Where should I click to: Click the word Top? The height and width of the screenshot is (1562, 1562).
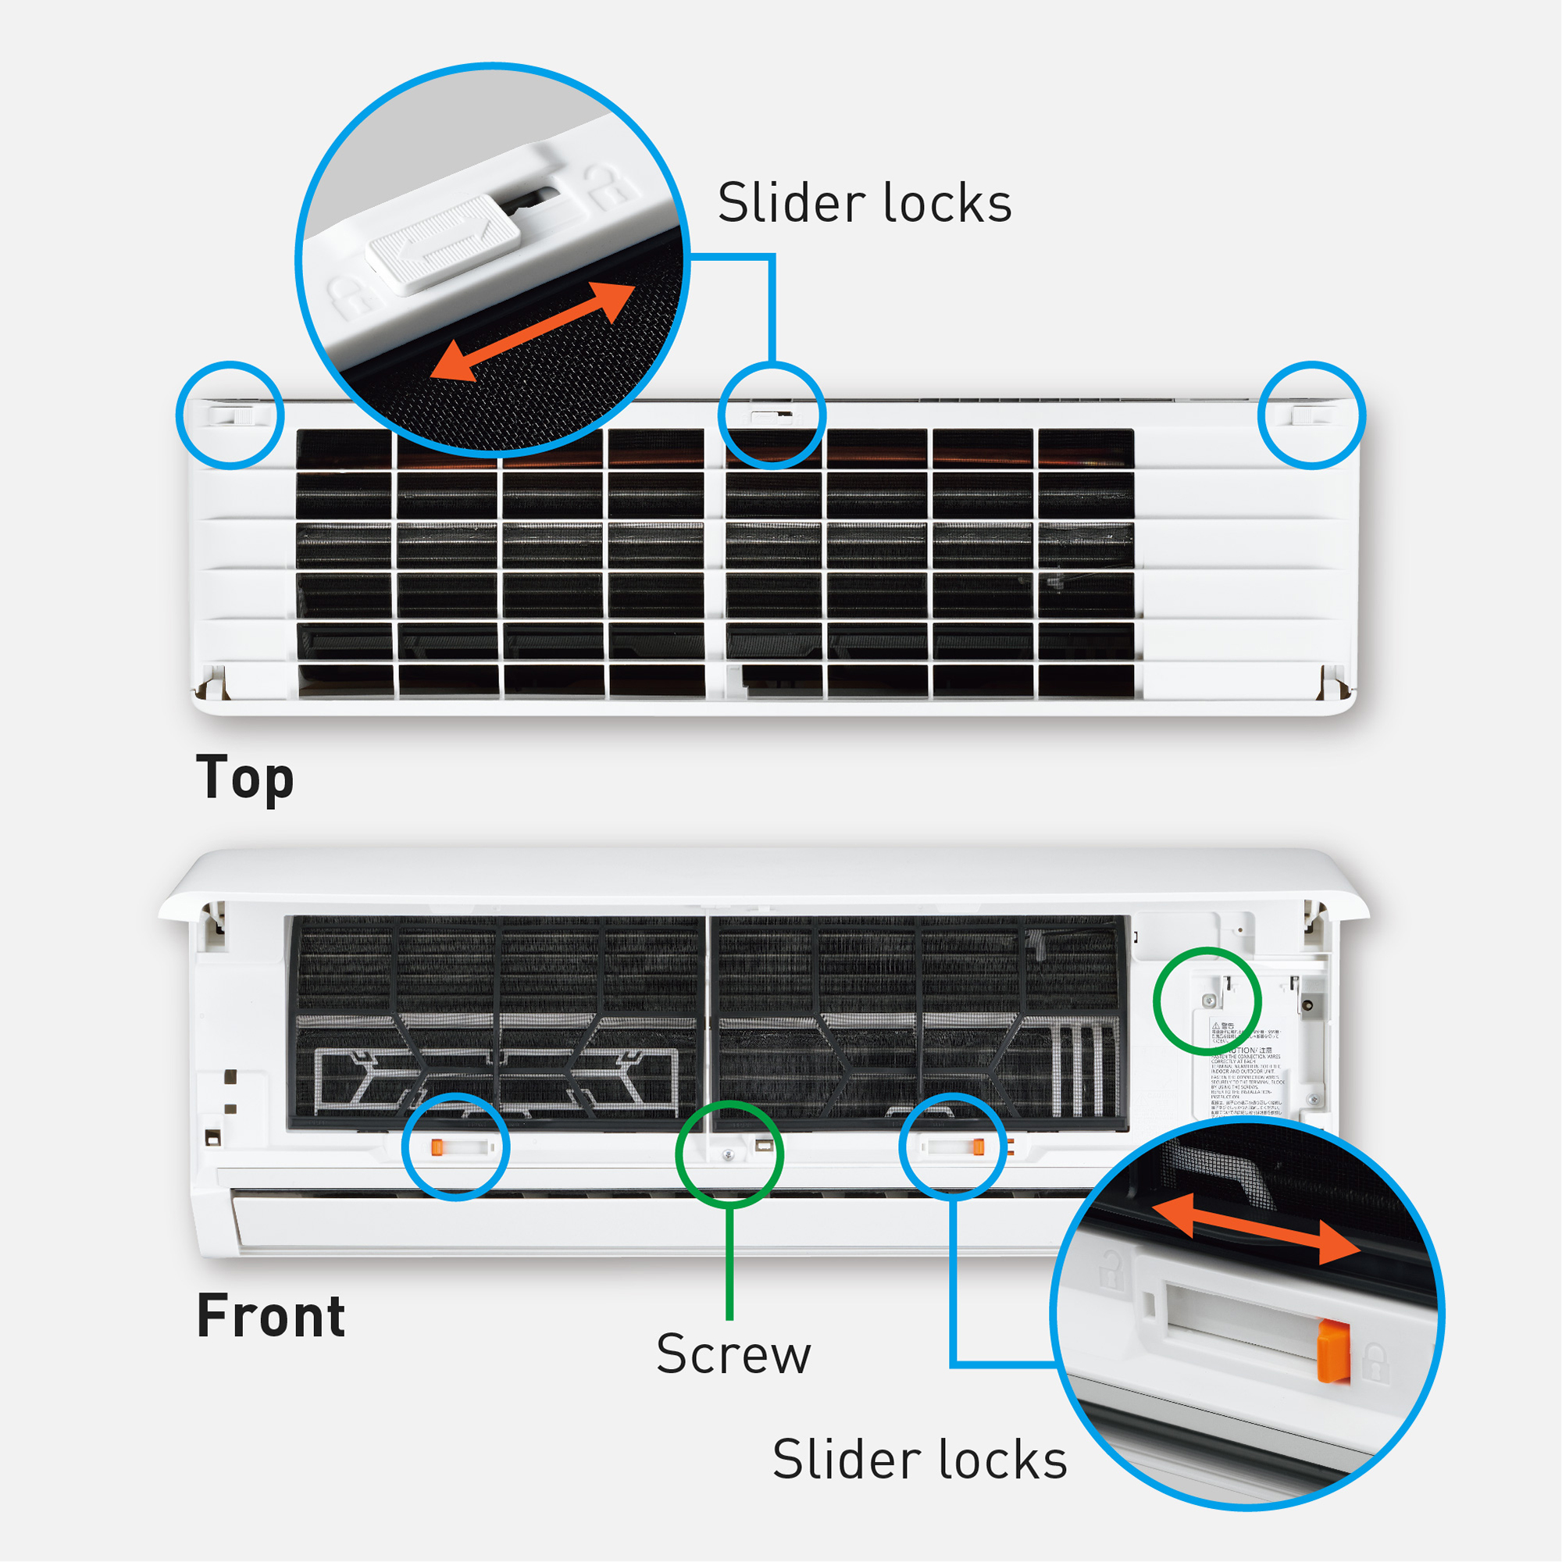244,777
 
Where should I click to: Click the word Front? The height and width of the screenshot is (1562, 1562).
271,1315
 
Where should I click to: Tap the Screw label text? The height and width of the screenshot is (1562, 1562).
733,1354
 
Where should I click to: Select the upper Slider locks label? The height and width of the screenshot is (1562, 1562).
865,203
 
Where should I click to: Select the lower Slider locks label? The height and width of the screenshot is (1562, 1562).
919,1460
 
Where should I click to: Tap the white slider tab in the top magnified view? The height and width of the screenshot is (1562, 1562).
443,240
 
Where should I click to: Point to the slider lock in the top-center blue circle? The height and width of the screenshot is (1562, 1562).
772,416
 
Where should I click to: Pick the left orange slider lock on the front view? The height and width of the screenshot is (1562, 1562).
437,1147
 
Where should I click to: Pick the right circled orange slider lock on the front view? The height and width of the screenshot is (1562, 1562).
978,1146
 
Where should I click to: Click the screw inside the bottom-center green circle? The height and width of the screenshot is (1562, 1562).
729,1155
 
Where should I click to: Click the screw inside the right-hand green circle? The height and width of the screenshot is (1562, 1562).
1210,1001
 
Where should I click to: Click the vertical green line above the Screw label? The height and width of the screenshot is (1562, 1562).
729,1261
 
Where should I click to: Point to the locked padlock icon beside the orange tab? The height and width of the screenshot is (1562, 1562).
1375,1362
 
